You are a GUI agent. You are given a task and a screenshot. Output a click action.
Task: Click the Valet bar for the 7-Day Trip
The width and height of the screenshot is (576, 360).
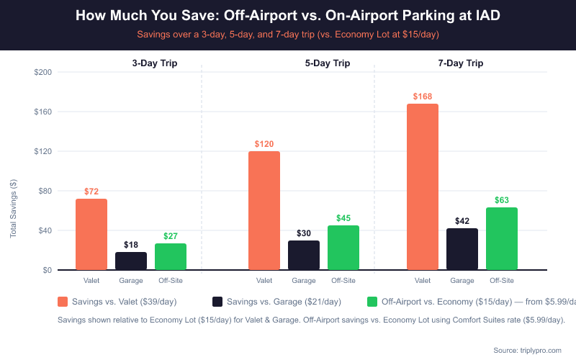[x=423, y=187]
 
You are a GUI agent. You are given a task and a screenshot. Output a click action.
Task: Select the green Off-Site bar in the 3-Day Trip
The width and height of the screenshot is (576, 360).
[x=171, y=256]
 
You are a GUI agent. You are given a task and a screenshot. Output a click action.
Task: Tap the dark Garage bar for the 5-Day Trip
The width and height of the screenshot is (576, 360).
[x=304, y=255]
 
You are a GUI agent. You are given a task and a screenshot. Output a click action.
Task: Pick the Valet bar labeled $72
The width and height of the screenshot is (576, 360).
[x=91, y=234]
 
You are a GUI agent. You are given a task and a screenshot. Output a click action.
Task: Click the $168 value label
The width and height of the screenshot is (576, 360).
[x=423, y=96]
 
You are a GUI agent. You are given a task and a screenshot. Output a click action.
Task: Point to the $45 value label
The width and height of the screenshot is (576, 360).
[x=343, y=217]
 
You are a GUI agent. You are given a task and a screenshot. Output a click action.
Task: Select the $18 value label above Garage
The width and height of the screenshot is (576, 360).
[x=131, y=244]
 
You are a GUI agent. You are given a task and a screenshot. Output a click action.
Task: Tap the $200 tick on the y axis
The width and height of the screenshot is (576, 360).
[x=42, y=72]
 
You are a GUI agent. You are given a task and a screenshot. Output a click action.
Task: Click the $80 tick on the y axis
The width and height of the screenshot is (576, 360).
[x=45, y=191]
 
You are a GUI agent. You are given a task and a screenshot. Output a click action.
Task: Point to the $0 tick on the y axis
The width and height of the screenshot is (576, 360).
[x=47, y=270]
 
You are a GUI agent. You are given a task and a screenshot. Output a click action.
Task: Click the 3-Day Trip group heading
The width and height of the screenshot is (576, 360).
[x=154, y=63]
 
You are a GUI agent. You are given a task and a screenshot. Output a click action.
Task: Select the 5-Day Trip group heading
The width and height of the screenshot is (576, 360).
[x=327, y=63]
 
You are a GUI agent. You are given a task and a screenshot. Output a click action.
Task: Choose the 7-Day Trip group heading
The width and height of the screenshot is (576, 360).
[x=460, y=63]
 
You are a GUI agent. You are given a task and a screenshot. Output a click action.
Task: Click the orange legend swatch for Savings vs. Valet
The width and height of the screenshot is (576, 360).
[x=63, y=302]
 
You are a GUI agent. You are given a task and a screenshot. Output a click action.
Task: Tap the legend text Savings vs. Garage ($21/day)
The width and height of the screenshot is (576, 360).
[x=284, y=302]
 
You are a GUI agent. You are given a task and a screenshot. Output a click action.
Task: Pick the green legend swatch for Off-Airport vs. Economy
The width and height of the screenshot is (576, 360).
[x=372, y=302]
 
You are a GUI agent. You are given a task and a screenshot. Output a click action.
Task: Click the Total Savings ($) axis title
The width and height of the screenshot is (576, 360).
[x=13, y=208]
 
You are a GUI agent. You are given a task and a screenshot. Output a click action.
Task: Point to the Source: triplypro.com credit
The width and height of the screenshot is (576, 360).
[x=526, y=350]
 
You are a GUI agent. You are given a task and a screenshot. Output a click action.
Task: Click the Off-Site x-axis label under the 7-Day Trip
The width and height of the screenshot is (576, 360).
[x=502, y=281]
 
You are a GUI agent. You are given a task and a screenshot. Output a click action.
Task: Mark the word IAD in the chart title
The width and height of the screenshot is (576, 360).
[x=485, y=16]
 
